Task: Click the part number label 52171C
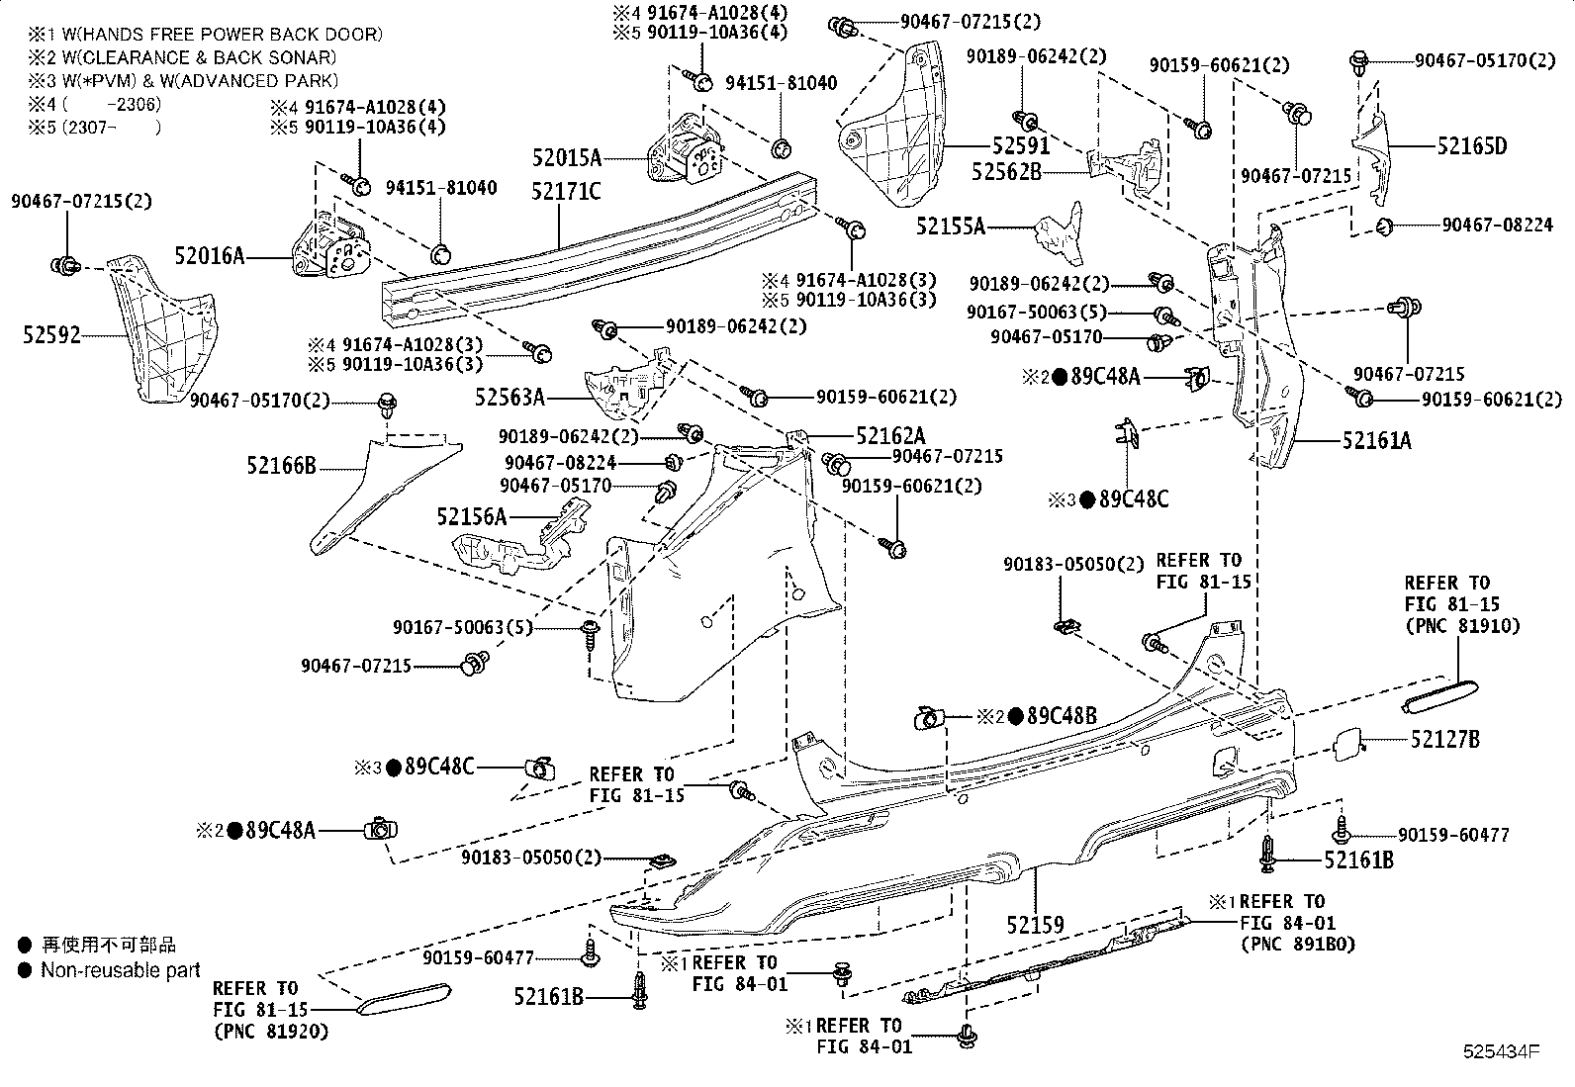[566, 191]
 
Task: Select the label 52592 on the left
[51, 336]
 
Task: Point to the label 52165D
[1472, 146]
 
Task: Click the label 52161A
[1377, 440]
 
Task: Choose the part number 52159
[1036, 925]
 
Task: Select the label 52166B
[282, 465]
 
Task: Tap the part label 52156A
[471, 516]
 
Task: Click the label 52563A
[510, 397]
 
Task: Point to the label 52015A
[566, 157]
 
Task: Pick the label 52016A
[209, 256]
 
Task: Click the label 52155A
[951, 226]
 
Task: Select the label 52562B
[1006, 171]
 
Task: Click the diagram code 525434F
[1503, 1050]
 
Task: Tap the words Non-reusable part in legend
[120, 970]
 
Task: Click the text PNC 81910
[1461, 625]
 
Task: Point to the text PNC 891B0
[1297, 944]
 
